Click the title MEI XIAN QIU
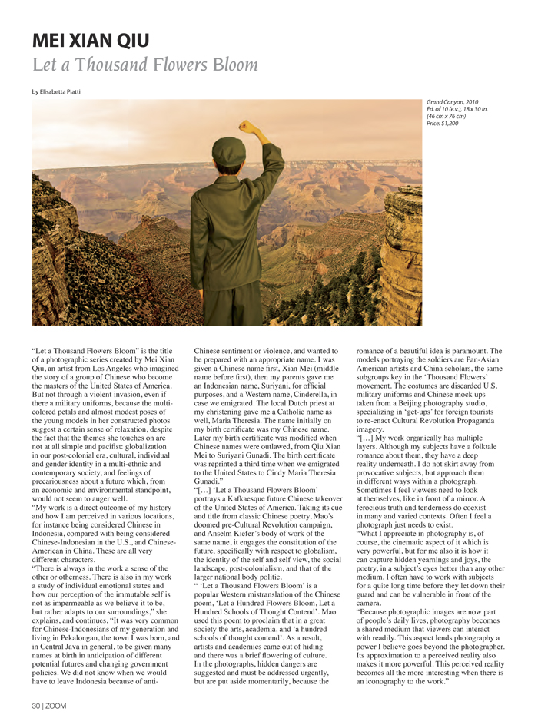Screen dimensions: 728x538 coord(91,40)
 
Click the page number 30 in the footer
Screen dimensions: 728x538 coord(37,704)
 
